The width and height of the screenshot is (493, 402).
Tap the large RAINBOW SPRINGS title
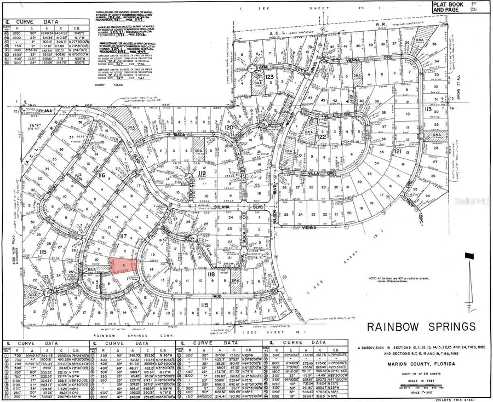tap(421, 326)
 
